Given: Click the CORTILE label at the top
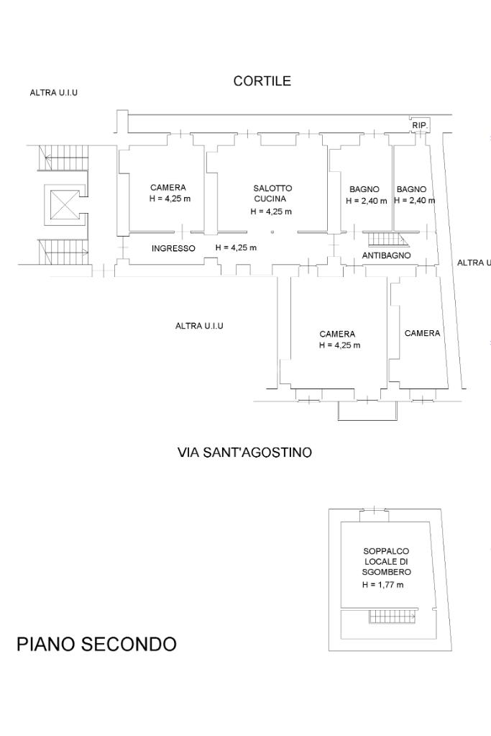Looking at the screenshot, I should tap(262, 81).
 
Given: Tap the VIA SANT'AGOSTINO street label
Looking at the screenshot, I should tap(244, 453).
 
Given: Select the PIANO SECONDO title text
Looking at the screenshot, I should tap(96, 644).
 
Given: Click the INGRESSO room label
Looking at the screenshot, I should tap(173, 248).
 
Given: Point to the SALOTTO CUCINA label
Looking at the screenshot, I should tap(272, 193).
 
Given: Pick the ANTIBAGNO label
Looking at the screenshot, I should tap(386, 255).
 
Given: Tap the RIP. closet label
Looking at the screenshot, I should tap(420, 125).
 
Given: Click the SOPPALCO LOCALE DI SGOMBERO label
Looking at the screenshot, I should tap(386, 561).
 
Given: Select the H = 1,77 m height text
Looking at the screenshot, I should tap(382, 585).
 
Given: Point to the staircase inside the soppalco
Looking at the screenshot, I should tap(392, 617).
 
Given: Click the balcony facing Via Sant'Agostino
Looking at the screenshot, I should tap(367, 410).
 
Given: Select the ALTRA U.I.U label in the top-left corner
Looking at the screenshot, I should tap(53, 93).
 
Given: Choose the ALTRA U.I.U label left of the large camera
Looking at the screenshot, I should tap(199, 326).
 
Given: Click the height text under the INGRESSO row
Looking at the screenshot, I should tap(236, 247).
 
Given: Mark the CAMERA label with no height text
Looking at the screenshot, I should tap(422, 333).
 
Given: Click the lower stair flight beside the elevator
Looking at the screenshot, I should tap(64, 251).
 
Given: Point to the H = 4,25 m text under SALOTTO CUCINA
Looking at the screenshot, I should tap(271, 212).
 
